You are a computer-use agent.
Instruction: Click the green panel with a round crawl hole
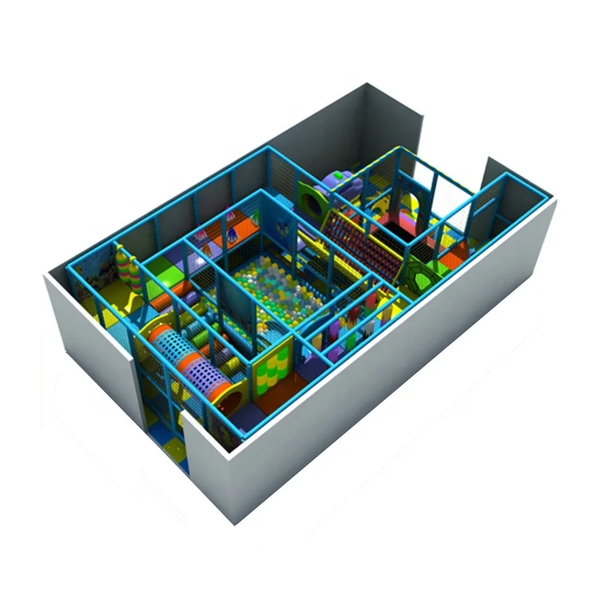pyautogui.click(x=311, y=198)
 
